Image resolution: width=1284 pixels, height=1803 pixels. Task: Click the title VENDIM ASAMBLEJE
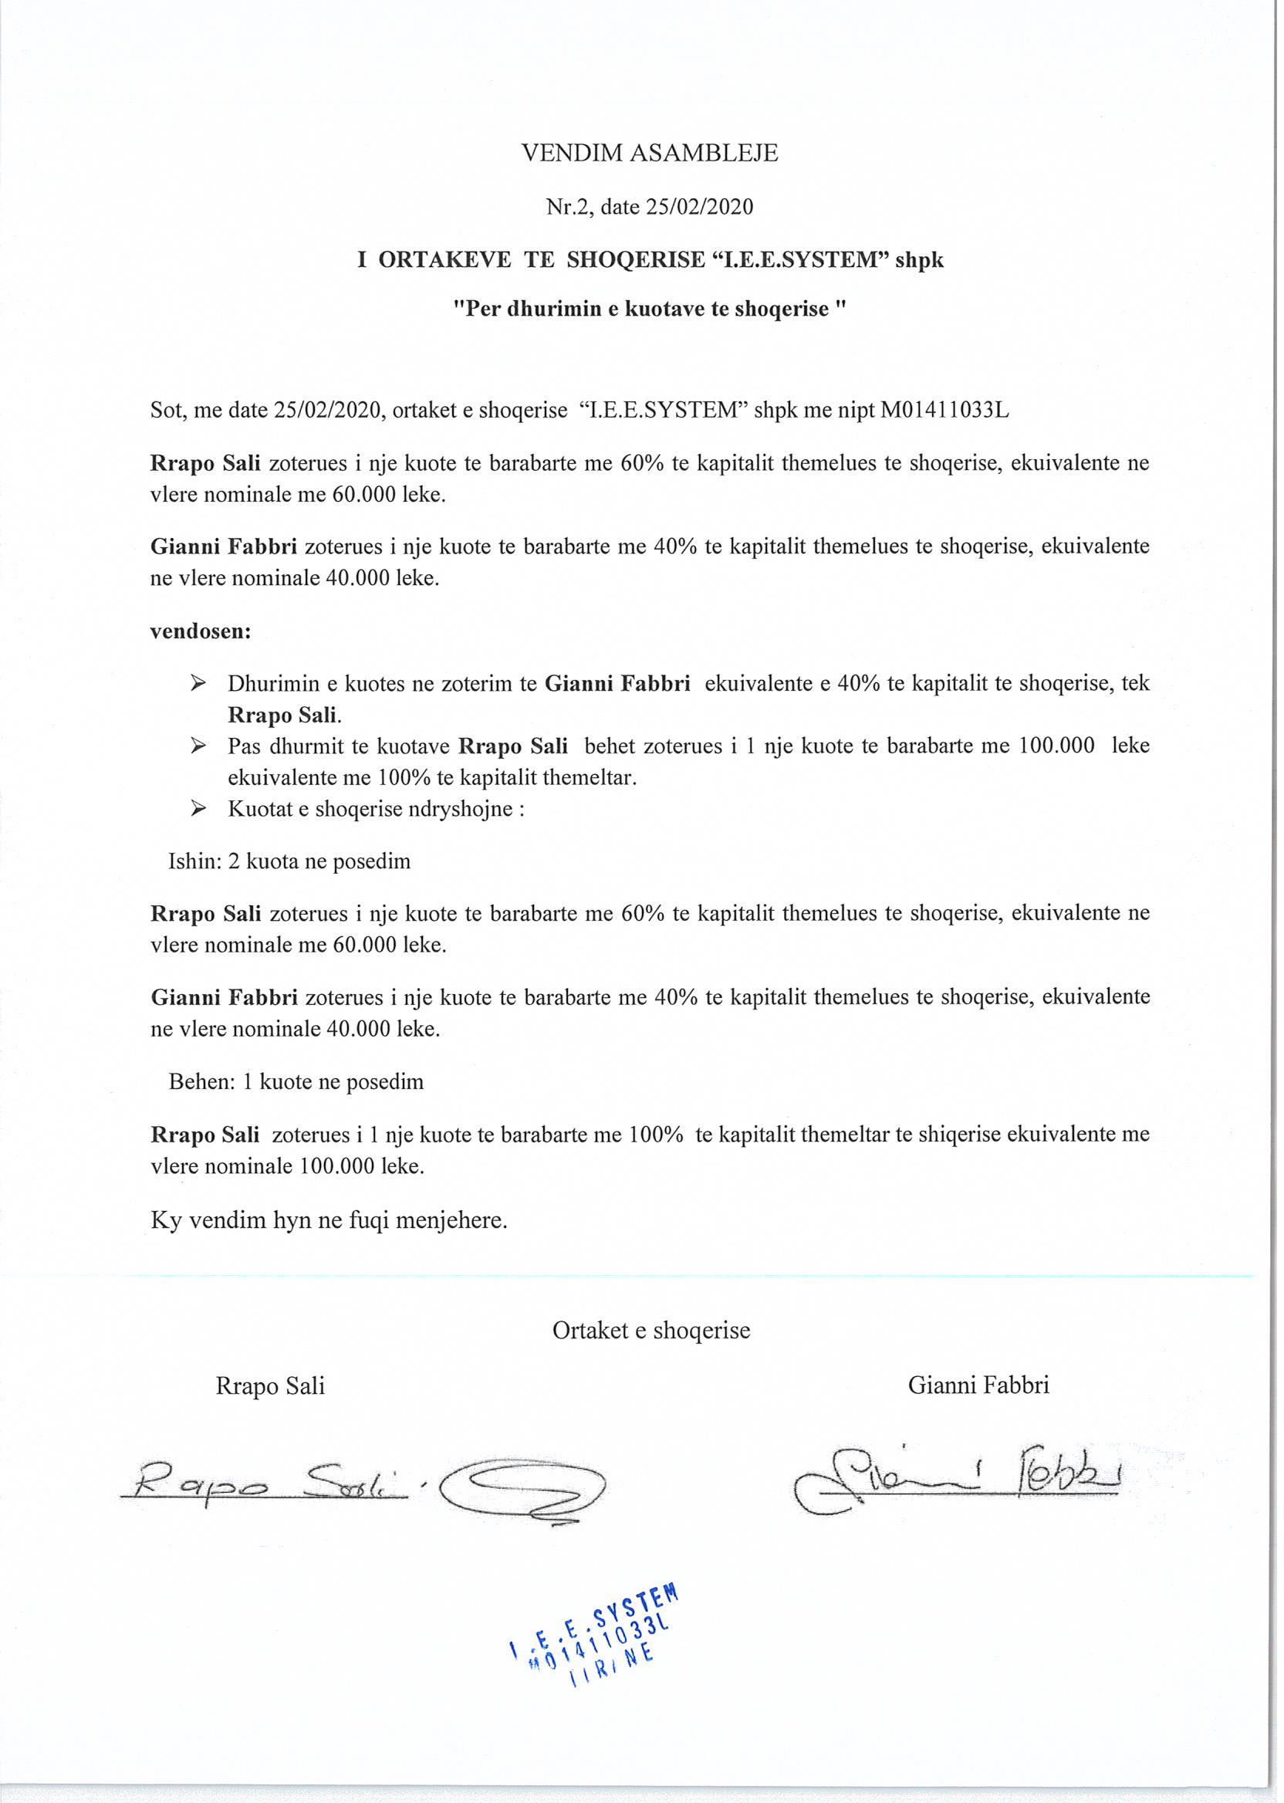coord(649,153)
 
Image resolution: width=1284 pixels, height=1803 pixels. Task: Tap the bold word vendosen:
coord(201,632)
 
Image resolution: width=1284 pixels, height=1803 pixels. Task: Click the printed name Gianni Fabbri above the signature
coord(978,1385)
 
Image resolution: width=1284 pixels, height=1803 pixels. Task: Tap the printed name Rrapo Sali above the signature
coord(270,1386)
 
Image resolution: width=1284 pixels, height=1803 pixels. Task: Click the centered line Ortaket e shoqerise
coord(650,1330)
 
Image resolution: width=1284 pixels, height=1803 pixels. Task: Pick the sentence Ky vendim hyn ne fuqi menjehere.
coord(329,1220)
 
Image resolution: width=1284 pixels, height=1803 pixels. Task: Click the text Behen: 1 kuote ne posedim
coord(296,1082)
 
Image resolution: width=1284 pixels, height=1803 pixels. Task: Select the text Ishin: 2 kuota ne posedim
coord(289,861)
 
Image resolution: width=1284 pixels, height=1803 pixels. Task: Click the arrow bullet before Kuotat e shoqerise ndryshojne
coord(198,809)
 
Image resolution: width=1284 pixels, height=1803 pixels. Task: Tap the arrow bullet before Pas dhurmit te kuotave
coord(198,746)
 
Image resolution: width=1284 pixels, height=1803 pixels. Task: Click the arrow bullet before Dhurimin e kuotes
coord(198,683)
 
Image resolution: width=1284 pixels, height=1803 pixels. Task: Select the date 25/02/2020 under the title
coord(699,207)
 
